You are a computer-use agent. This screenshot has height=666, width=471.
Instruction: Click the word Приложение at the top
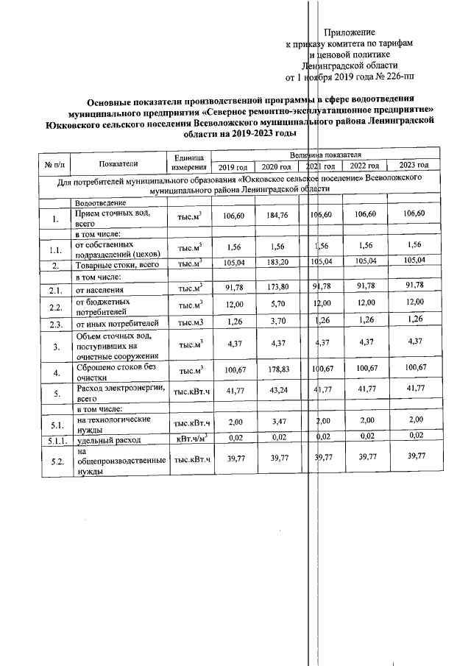tap(350, 32)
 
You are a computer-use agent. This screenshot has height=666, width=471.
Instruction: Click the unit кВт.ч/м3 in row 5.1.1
tap(189, 439)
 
